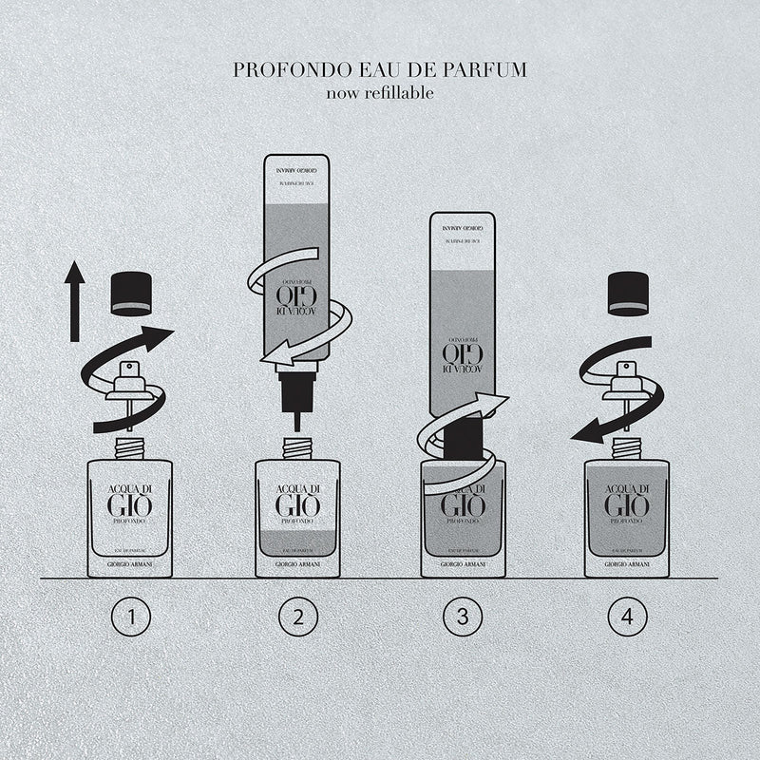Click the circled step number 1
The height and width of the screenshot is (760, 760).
point(130,618)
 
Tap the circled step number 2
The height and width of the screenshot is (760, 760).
point(297,618)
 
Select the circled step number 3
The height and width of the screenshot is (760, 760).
point(463,618)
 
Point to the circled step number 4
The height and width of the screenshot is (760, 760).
point(626,618)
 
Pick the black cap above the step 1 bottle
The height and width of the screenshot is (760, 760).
point(131,294)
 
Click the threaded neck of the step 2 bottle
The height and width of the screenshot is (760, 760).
point(297,446)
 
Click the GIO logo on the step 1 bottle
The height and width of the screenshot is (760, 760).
point(130,504)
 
